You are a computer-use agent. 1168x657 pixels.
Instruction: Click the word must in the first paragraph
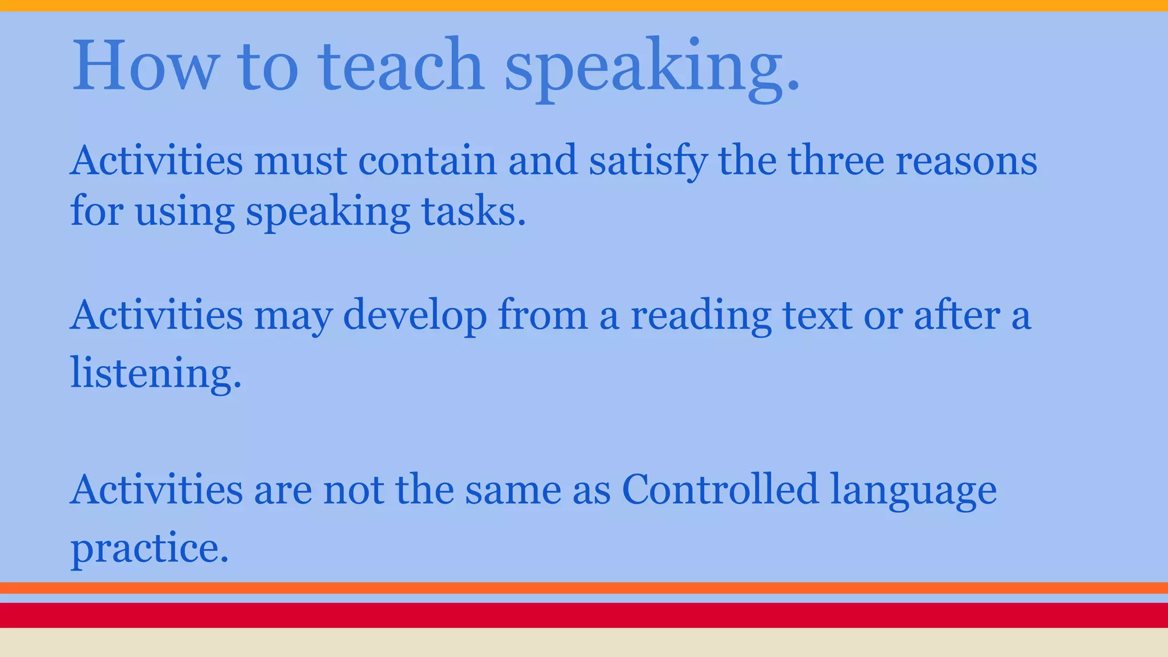(300, 161)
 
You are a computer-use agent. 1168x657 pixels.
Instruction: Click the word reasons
(966, 162)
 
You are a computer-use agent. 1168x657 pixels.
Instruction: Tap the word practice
(149, 549)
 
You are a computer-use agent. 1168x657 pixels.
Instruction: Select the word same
(513, 490)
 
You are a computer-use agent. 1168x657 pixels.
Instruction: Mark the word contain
(427, 161)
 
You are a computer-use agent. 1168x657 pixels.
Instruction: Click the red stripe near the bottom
(584, 615)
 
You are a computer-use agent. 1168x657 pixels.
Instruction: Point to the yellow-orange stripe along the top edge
(584, 5)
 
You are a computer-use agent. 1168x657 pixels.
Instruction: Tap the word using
(185, 213)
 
